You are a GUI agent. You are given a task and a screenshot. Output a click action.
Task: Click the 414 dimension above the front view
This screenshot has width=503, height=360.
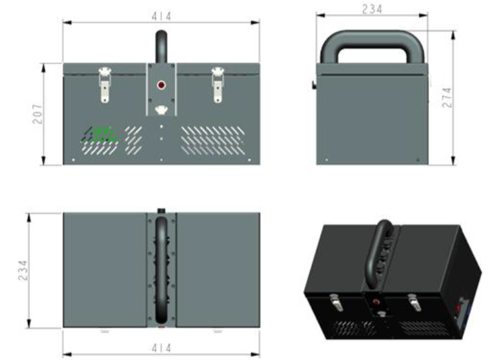(162, 16)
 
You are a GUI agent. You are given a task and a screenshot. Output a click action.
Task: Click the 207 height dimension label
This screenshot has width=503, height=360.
(37, 114)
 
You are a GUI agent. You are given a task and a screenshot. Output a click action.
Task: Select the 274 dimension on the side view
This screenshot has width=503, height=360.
(447, 98)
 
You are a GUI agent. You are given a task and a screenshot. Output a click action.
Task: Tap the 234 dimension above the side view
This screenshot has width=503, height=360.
(372, 9)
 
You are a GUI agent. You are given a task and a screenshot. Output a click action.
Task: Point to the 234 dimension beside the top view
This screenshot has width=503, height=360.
(23, 270)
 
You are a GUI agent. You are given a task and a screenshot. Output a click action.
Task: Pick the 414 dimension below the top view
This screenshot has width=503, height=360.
(162, 348)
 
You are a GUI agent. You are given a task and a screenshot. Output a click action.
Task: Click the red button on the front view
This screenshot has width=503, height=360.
(161, 85)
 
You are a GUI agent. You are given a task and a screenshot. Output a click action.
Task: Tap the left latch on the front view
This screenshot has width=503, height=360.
(104, 85)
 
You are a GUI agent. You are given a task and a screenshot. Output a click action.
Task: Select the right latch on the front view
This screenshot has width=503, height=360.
(218, 85)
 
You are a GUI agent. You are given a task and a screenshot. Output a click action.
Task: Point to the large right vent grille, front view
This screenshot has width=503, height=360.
(213, 140)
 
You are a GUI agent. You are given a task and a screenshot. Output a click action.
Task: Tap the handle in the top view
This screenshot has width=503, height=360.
(162, 270)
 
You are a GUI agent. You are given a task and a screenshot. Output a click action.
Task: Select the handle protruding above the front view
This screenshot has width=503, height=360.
(162, 47)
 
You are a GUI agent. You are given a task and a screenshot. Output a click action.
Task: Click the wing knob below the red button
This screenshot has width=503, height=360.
(162, 110)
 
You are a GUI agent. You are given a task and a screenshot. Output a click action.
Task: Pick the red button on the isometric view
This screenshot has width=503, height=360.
(376, 301)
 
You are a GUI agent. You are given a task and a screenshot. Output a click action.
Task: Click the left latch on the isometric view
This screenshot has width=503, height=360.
(336, 303)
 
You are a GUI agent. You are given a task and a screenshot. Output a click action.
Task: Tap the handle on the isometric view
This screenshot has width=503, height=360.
(380, 254)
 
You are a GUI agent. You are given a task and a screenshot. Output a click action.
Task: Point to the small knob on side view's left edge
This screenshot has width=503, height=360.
(314, 85)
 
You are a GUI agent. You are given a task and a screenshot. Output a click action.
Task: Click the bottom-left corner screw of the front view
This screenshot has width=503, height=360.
(73, 160)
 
